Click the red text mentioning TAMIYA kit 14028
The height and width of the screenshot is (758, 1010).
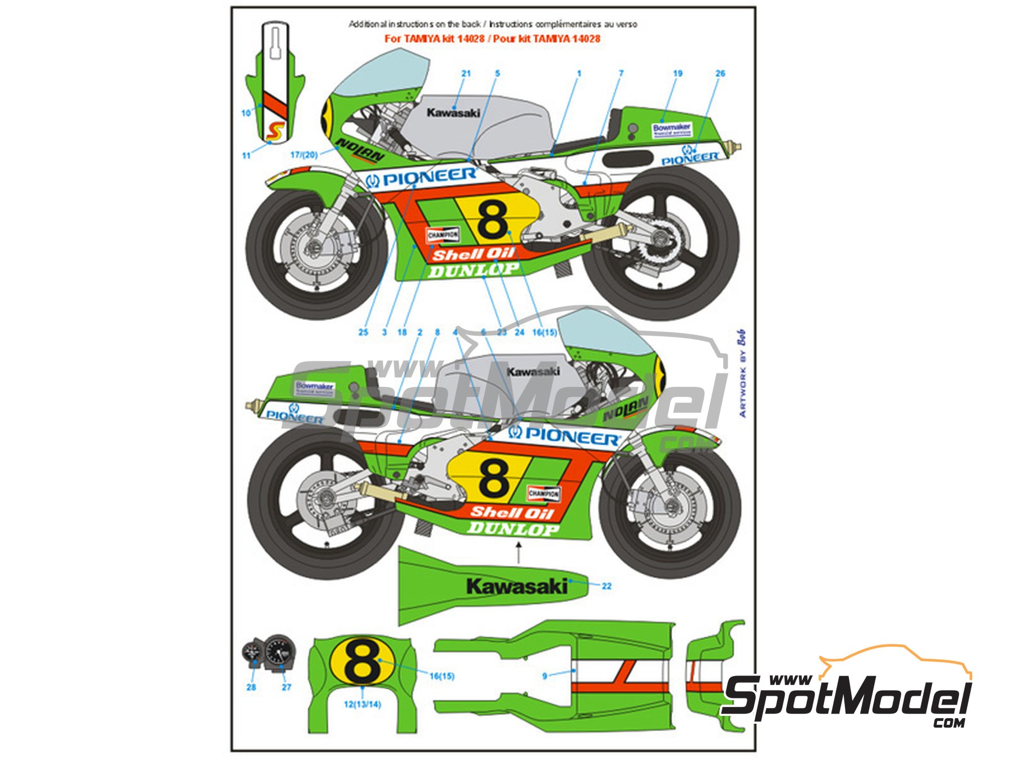pyautogui.click(x=492, y=39)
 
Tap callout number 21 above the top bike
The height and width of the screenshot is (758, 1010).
pyautogui.click(x=466, y=74)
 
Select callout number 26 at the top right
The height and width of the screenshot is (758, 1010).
pyautogui.click(x=720, y=74)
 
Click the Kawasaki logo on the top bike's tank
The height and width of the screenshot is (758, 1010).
pyautogui.click(x=453, y=113)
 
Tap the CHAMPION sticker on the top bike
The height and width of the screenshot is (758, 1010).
pyautogui.click(x=443, y=235)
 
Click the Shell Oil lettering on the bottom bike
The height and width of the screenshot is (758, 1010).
pyautogui.click(x=512, y=512)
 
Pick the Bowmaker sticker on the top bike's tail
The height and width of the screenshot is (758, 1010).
pyautogui.click(x=672, y=130)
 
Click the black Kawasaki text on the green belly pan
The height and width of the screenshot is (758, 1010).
pyautogui.click(x=517, y=587)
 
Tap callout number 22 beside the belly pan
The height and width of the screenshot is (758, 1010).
pyautogui.click(x=607, y=586)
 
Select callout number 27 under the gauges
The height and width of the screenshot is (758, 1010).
pyautogui.click(x=286, y=687)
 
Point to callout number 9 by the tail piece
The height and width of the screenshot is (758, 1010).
pyautogui.click(x=544, y=676)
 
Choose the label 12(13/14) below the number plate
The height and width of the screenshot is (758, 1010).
pyautogui.click(x=362, y=704)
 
